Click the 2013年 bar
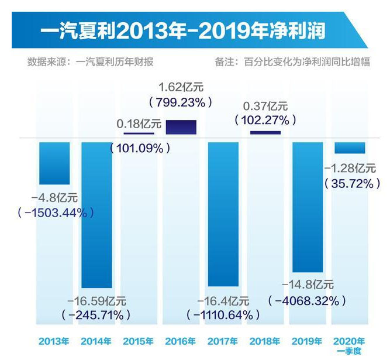(x=54, y=163)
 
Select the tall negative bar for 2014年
(x=96, y=214)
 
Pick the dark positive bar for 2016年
(x=181, y=127)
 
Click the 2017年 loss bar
(x=223, y=214)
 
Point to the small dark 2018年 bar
(x=265, y=133)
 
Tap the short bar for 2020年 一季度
(x=349, y=147)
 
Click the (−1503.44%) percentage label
(x=56, y=212)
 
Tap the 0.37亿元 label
(x=265, y=107)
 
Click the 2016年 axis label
(x=181, y=341)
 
